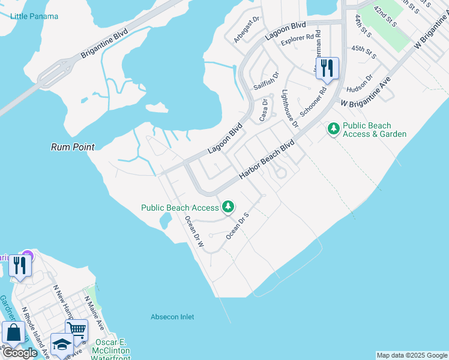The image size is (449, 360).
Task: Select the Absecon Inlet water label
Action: (172, 317)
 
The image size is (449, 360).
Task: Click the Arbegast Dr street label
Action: (246, 29)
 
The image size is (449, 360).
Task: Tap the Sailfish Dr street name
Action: (267, 81)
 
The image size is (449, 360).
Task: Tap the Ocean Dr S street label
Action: (237, 226)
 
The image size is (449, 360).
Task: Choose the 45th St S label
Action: (364, 52)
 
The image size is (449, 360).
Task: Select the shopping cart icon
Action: (76, 329)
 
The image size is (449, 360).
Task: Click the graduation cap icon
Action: (61, 343)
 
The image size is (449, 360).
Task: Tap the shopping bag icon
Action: (13, 332)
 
